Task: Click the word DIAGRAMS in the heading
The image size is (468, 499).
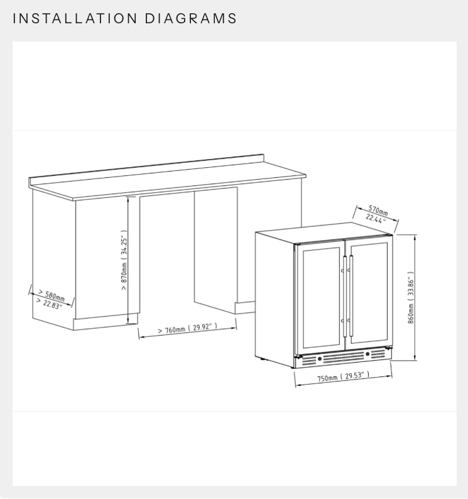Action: (x=191, y=18)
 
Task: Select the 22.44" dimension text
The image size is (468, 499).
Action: (x=376, y=219)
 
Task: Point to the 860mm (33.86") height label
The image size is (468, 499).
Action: (x=411, y=297)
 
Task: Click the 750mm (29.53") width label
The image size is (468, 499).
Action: (x=342, y=377)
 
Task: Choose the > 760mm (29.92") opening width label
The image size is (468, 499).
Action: (x=187, y=328)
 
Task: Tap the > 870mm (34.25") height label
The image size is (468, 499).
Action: (x=124, y=256)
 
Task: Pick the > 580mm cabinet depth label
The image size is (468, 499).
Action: (x=51, y=295)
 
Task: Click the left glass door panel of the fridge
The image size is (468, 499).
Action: (x=319, y=295)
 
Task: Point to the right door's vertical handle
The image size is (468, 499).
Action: (x=351, y=295)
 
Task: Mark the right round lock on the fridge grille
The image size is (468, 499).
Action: (x=367, y=354)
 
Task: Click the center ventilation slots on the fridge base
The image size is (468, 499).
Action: (x=344, y=356)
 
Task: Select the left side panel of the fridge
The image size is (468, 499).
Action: (x=275, y=295)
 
